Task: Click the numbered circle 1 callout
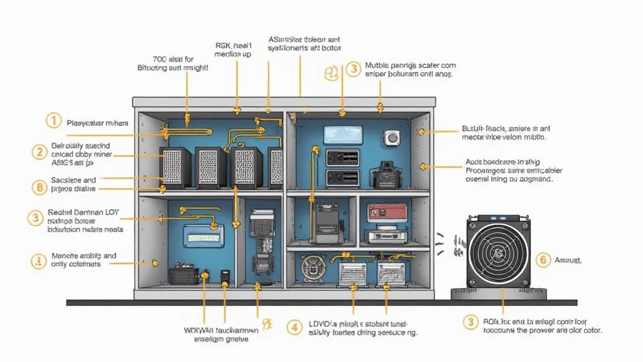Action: tap(55, 121)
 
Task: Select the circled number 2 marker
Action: tap(40, 151)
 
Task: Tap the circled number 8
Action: tap(39, 186)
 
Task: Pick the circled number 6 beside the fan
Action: tap(544, 260)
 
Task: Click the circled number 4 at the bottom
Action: tap(294, 327)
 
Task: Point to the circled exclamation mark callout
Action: tap(39, 260)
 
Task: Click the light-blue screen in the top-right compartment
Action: tap(343, 134)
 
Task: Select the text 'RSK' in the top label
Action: tap(223, 45)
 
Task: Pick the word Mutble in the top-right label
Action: tap(377, 65)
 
